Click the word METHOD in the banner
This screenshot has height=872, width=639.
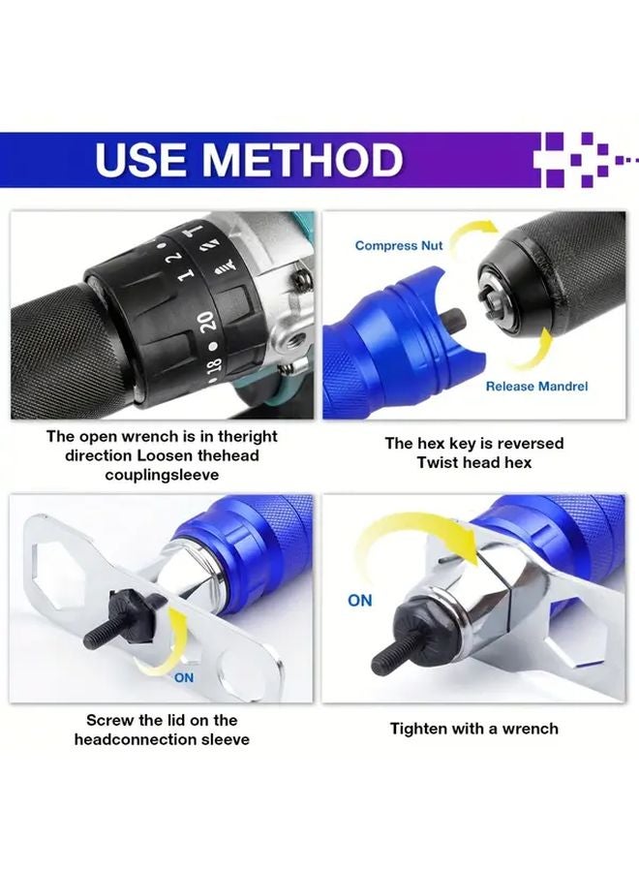click(x=309, y=160)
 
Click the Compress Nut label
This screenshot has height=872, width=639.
click(x=398, y=246)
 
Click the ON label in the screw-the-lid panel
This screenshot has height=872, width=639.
click(x=183, y=678)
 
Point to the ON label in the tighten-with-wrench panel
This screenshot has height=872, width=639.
click(x=359, y=601)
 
